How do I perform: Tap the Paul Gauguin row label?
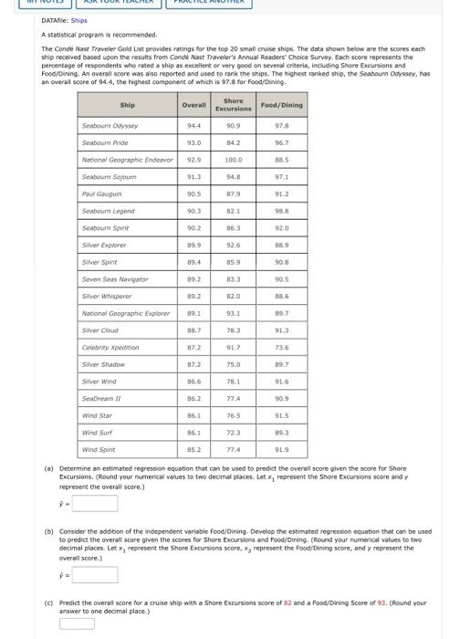pyautogui.click(x=97, y=194)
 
